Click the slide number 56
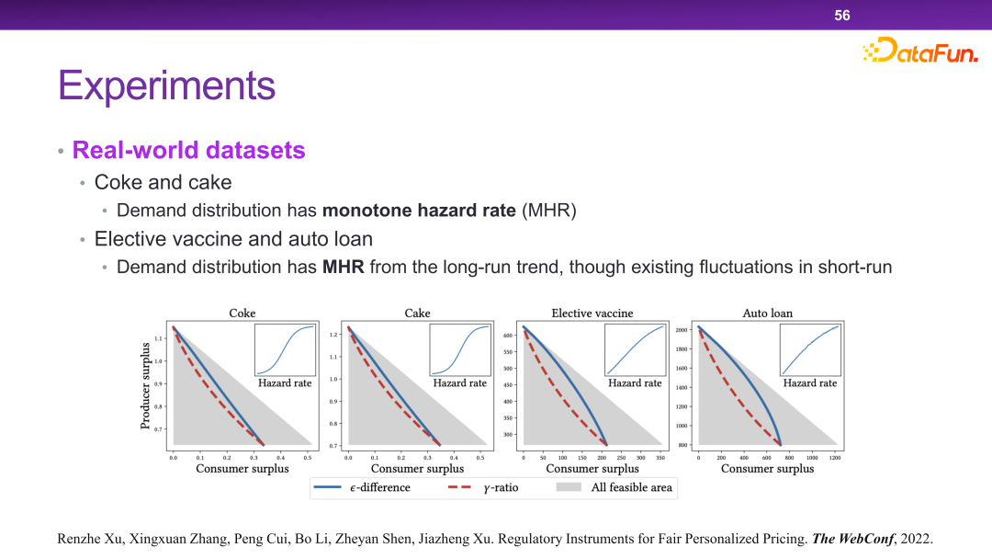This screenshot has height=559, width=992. (842, 15)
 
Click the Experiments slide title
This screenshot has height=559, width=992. (166, 86)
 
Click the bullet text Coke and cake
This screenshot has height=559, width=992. (163, 181)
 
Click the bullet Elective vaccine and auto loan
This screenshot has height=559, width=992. (233, 239)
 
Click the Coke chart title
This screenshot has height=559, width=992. (242, 314)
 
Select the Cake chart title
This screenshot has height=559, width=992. (417, 314)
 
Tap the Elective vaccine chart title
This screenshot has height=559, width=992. (592, 314)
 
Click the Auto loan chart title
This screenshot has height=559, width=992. (767, 314)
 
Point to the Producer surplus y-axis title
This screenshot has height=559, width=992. (145, 385)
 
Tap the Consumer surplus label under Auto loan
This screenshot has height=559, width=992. (767, 469)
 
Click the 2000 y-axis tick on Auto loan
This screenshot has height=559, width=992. (681, 330)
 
